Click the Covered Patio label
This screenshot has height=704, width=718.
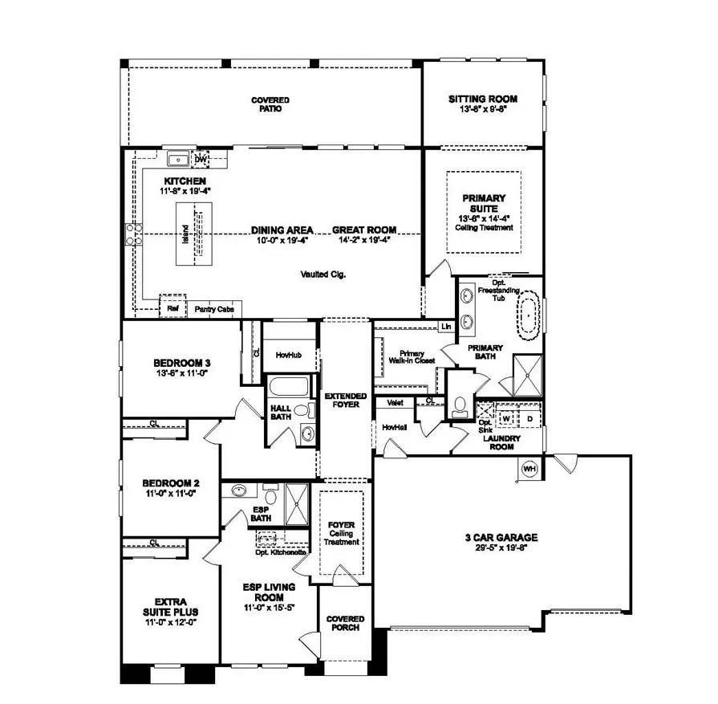click(270, 104)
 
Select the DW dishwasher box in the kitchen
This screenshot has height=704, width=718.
click(201, 159)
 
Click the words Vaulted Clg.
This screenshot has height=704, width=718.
click(324, 274)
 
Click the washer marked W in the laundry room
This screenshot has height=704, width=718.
click(507, 418)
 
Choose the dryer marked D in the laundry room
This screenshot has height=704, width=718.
click(529, 418)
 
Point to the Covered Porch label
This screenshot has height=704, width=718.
click(346, 623)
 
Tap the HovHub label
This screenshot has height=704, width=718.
click(287, 354)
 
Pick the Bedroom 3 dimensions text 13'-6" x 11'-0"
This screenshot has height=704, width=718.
click(181, 373)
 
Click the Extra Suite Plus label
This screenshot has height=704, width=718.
click(170, 605)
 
